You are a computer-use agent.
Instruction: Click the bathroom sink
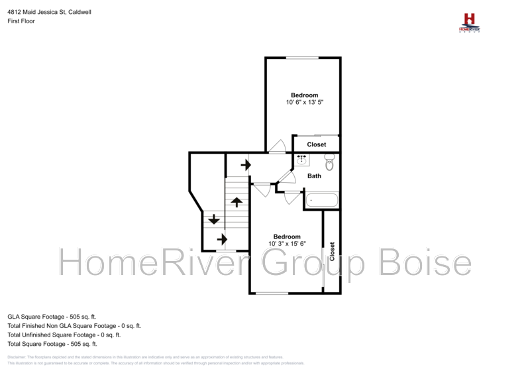pyautogui.click(x=301, y=160)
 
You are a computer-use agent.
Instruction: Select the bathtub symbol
pyautogui.click(x=322, y=199)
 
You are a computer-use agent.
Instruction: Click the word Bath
pyautogui.click(x=314, y=176)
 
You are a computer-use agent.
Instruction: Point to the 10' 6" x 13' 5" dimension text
pyautogui.click(x=304, y=103)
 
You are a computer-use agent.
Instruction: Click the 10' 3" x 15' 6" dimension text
pyautogui.click(x=287, y=244)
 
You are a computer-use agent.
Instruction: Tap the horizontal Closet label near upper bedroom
pyautogui.click(x=316, y=144)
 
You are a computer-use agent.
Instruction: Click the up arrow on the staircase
pyautogui.click(x=236, y=202)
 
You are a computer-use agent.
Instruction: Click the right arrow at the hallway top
pyautogui.click(x=246, y=165)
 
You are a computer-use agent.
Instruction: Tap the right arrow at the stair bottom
pyautogui.click(x=223, y=239)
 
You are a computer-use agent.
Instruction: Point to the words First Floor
pyautogui.click(x=21, y=21)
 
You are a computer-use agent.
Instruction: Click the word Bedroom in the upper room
pyautogui.click(x=304, y=95)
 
